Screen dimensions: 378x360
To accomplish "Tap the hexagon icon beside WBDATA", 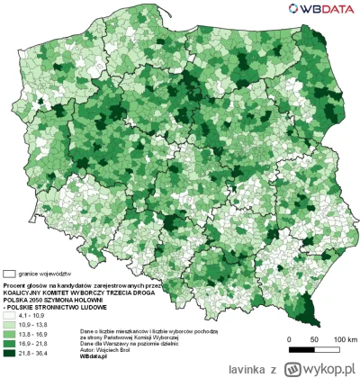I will click(x=292, y=9).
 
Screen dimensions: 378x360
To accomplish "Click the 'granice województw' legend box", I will click(x=10, y=272).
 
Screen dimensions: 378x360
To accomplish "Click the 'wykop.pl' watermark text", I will click(x=326, y=369).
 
